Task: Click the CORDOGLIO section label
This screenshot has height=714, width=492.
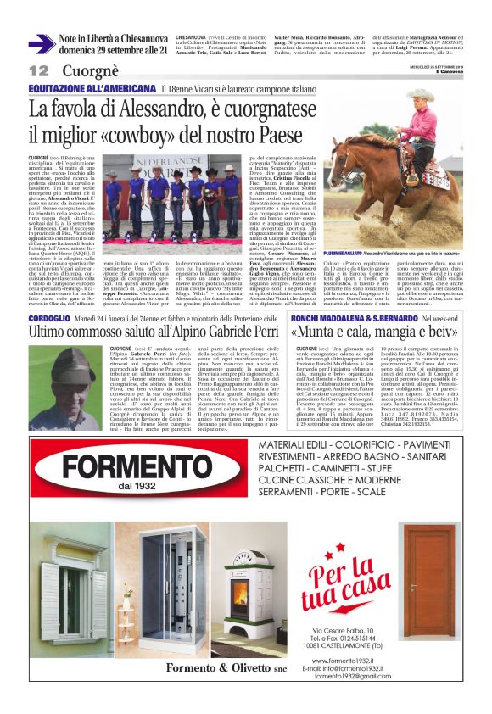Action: [49, 317]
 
